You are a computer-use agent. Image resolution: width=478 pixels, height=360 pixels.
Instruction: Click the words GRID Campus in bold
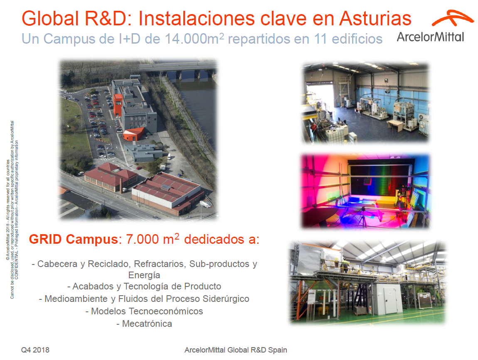point(72,240)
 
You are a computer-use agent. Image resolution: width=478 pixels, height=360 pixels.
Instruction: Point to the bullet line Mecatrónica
point(144,324)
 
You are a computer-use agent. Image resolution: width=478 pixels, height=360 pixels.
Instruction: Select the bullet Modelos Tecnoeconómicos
point(144,311)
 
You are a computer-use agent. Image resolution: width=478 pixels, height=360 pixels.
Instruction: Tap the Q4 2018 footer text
point(35,350)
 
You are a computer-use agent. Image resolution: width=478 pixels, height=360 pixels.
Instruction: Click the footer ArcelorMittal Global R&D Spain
point(236,350)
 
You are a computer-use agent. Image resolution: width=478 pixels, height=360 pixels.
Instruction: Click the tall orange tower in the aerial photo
point(118,105)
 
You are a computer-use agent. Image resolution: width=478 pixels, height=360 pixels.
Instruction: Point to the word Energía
point(144,275)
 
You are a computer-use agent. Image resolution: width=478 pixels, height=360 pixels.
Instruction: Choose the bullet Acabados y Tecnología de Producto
point(144,287)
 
